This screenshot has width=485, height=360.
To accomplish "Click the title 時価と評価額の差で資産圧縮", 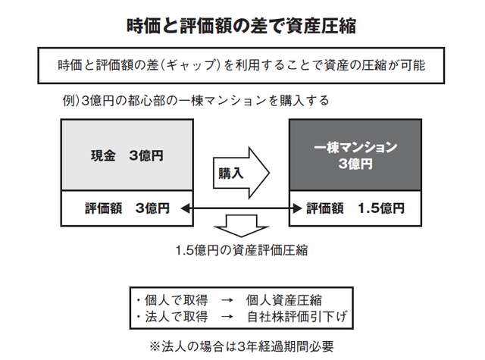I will coord(242,25).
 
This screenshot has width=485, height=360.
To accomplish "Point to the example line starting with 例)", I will coord(196,100).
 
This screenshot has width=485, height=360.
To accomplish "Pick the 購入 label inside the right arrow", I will coord(231,172).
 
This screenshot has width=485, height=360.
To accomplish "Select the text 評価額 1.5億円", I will coord(355,208).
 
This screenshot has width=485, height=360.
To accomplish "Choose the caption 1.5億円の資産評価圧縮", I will coord(241,249).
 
